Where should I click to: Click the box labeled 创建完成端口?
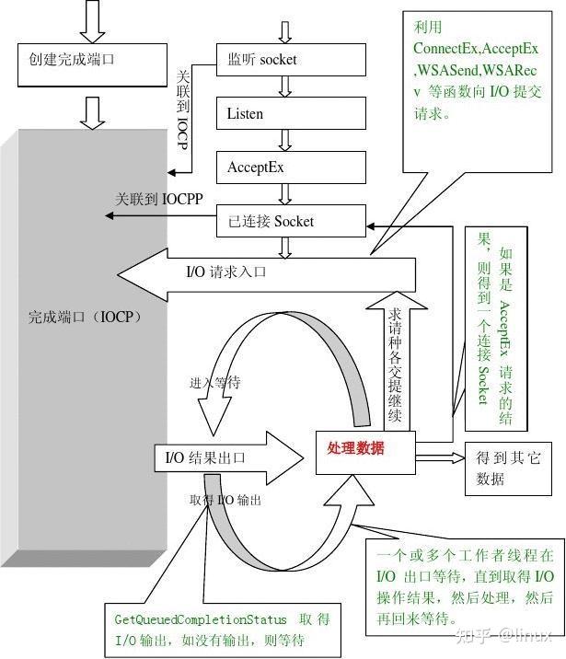(x=89, y=61)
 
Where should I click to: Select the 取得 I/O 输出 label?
(x=225, y=500)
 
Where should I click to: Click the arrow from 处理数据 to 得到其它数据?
(x=438, y=453)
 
